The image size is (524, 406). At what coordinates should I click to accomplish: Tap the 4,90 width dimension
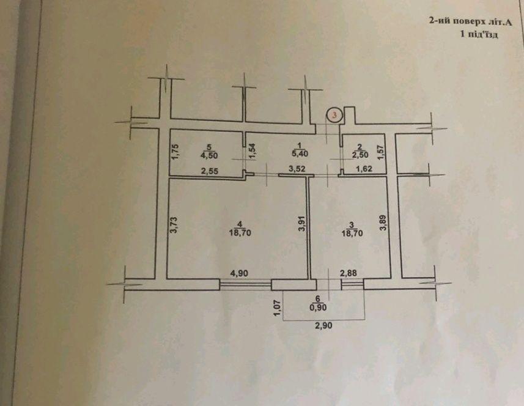click(239, 273)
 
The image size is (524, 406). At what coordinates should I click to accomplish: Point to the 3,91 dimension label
click(302, 223)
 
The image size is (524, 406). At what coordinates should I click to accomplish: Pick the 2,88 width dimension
click(349, 273)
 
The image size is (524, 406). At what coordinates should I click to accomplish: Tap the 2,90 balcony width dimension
click(323, 325)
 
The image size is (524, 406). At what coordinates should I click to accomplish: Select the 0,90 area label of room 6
click(318, 308)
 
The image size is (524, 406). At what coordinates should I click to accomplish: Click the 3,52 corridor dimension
click(297, 169)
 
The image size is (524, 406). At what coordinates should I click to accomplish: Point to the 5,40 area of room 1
click(300, 153)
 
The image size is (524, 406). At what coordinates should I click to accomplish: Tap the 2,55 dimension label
click(210, 171)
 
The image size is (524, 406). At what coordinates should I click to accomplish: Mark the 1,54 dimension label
click(252, 151)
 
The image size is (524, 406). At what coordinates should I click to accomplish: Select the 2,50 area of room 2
click(360, 155)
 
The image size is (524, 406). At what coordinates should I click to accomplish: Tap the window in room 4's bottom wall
click(245, 285)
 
